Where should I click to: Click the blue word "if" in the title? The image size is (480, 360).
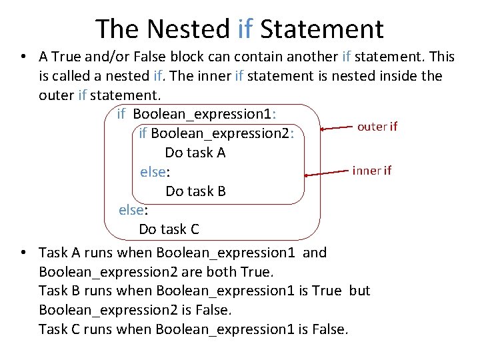(x=245, y=29)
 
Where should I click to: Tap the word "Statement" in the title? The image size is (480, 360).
(x=322, y=29)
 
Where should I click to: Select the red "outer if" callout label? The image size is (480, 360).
(x=377, y=127)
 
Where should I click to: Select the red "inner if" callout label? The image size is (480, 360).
(x=371, y=170)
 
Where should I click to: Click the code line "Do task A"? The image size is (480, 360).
(x=195, y=153)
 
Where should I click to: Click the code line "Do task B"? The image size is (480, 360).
(x=195, y=191)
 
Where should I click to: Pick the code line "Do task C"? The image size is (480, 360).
(x=169, y=229)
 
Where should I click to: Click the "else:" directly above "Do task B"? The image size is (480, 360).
(x=155, y=172)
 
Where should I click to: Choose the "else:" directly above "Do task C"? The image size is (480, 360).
(x=133, y=210)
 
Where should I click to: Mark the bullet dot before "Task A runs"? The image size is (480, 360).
(x=23, y=253)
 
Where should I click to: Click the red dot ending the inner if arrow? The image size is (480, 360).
(x=306, y=175)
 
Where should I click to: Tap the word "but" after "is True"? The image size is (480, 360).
(x=359, y=291)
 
